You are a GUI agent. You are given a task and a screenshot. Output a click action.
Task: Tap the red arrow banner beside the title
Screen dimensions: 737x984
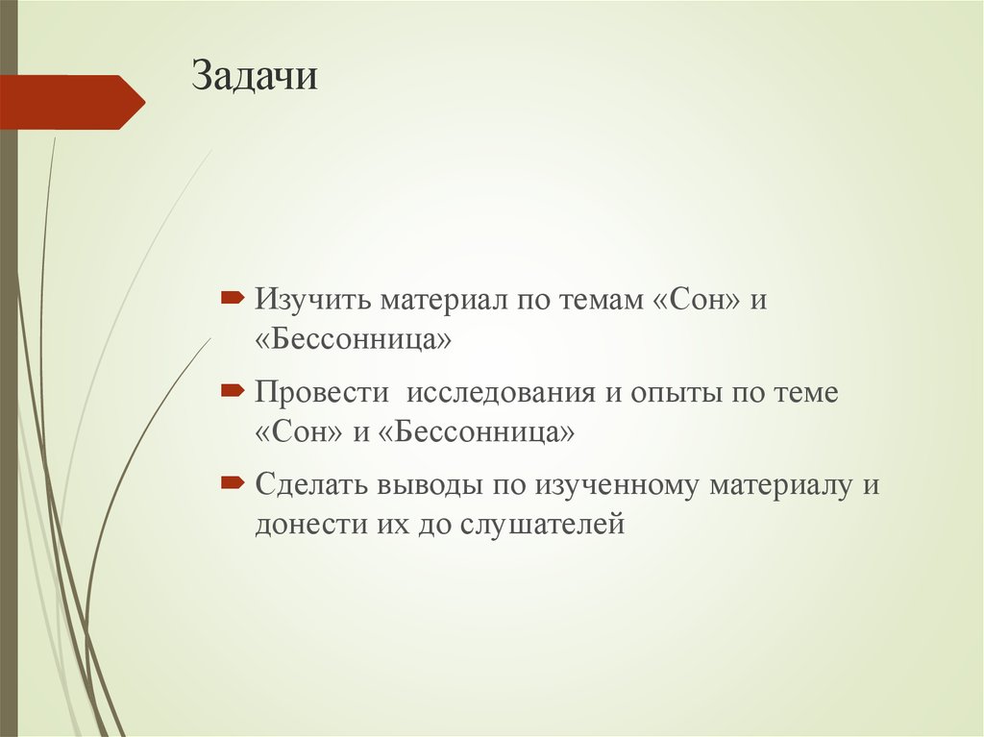coord(71,102)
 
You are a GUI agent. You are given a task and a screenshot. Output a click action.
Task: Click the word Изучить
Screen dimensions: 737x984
coord(310,301)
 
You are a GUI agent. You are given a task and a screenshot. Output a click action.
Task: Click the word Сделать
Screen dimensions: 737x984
coord(313,485)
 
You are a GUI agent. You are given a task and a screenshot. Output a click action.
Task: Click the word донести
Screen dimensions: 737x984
coord(306,525)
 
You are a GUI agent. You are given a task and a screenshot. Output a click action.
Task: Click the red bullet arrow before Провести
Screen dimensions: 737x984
coord(232,391)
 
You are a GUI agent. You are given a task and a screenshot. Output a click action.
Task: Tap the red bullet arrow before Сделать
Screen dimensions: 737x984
coord(232,483)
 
